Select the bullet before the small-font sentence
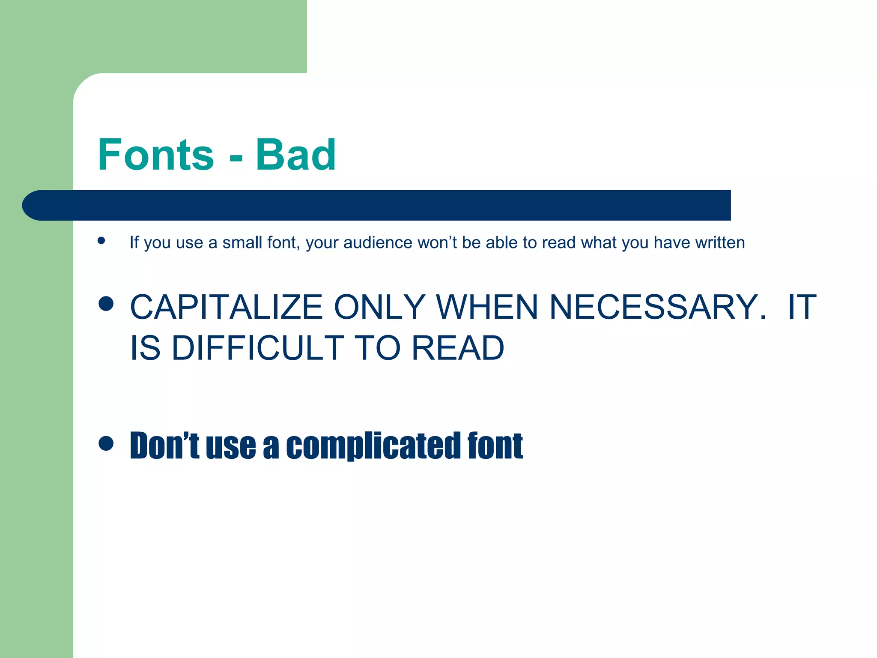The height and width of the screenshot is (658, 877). [101, 241]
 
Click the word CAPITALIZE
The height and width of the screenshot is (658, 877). [226, 307]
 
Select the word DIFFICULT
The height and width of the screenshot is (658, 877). [258, 347]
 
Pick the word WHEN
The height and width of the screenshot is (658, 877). [487, 307]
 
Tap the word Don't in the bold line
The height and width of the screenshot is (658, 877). [164, 446]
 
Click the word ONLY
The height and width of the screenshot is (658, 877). [379, 307]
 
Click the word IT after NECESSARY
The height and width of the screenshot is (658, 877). [802, 307]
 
